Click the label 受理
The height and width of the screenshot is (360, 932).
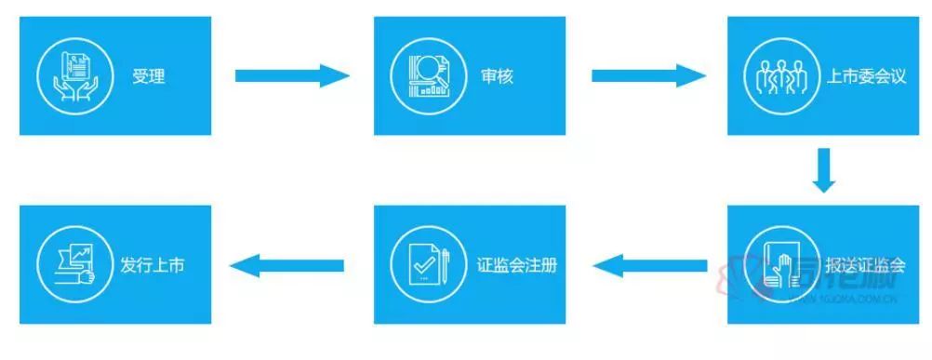click(149, 76)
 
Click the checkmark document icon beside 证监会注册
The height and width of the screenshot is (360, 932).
click(422, 264)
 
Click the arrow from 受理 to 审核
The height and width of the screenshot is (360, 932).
click(291, 75)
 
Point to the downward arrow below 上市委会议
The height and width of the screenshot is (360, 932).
click(823, 168)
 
